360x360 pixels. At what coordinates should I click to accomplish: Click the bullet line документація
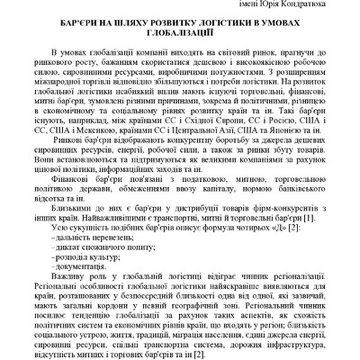coord(80,294)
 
